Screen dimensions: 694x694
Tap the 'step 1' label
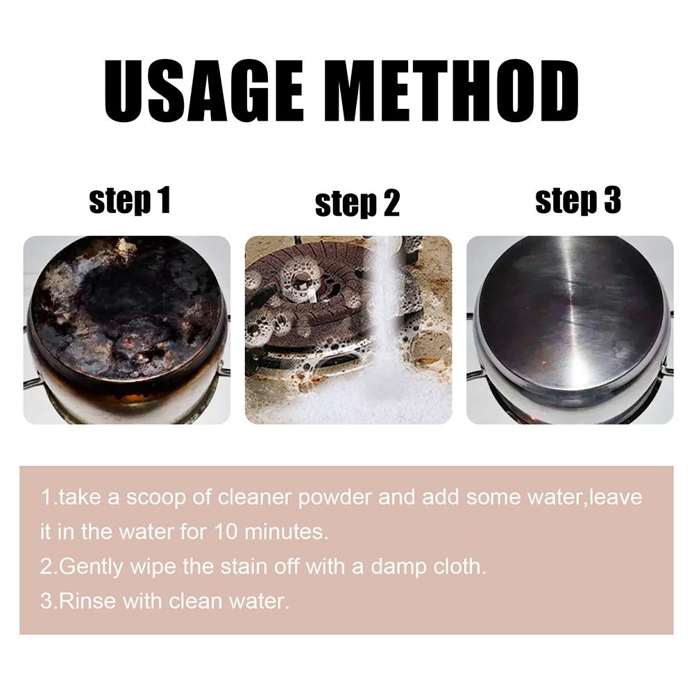[130, 201]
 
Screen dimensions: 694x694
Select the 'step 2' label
[357, 204]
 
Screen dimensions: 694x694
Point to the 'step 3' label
[577, 201]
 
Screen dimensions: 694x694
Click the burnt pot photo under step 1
[127, 330]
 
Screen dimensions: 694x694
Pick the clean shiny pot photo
[570, 330]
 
